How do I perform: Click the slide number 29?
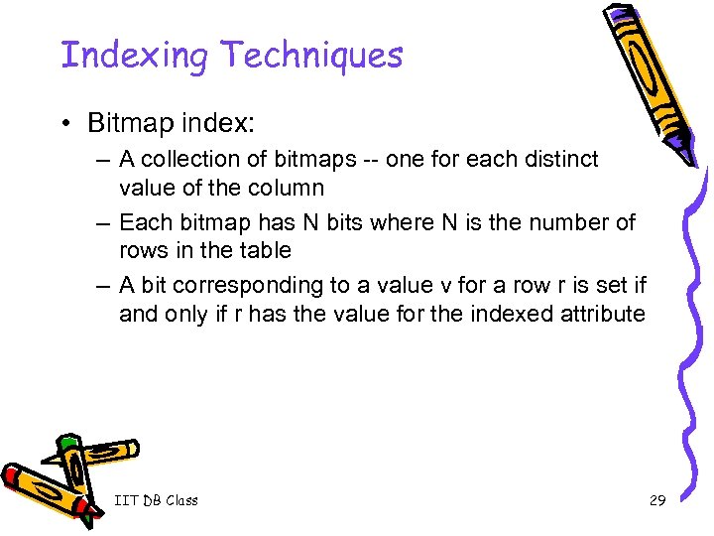(657, 500)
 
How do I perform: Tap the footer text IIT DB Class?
(156, 500)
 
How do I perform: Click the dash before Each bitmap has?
(103, 222)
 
